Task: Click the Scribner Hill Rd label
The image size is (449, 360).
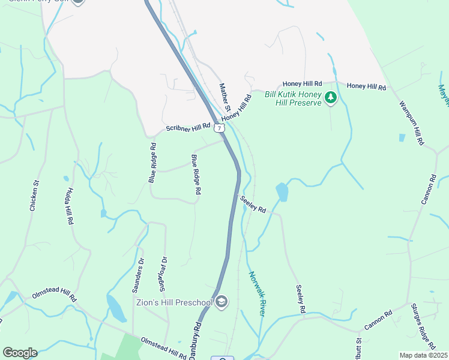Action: coord(188,127)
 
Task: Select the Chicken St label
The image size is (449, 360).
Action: coord(35,196)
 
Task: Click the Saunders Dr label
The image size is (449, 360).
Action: coord(138,275)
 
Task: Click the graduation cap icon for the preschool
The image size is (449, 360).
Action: coord(221,301)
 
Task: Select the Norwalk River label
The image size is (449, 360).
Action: coord(257,293)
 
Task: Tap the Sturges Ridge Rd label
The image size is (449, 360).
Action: coord(423,326)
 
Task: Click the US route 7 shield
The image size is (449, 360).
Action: coord(220,128)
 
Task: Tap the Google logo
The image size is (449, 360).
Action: coord(20,353)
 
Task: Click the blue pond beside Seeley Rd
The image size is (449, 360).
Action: coord(282,192)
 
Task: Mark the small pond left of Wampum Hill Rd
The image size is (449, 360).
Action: coord(402,137)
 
